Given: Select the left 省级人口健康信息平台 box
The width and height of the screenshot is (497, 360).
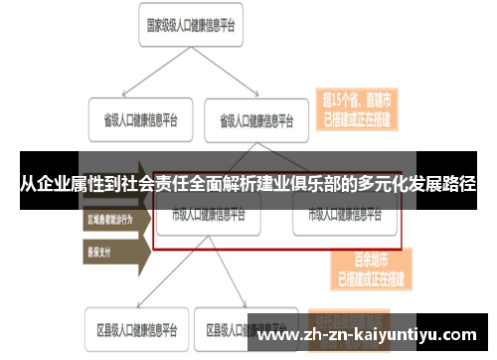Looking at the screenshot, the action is click(x=134, y=120).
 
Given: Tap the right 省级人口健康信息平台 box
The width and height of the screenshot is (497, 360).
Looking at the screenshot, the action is click(x=255, y=120).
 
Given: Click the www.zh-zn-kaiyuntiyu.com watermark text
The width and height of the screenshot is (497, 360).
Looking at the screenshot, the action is click(x=367, y=334).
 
